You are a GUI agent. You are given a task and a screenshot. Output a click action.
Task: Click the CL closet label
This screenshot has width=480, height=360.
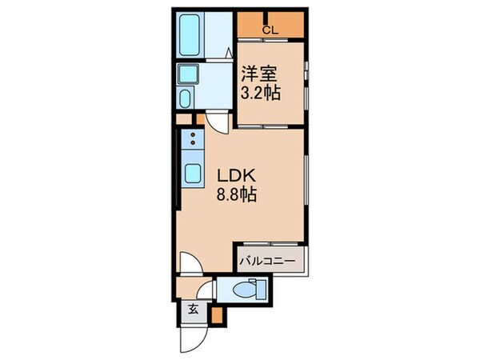click(270, 31)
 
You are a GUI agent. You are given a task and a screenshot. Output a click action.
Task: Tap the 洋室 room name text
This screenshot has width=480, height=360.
click(258, 72)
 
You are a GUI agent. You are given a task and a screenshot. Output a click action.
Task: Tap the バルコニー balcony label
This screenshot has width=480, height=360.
click(271, 261)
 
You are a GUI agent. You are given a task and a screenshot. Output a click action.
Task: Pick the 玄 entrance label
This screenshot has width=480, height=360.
click(193, 309)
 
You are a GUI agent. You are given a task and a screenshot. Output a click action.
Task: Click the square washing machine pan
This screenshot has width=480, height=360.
click(193, 76)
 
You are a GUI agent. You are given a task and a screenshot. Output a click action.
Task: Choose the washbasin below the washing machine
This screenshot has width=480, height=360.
click(186, 101)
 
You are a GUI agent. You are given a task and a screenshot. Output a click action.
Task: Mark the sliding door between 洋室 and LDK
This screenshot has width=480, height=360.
click(270, 126)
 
